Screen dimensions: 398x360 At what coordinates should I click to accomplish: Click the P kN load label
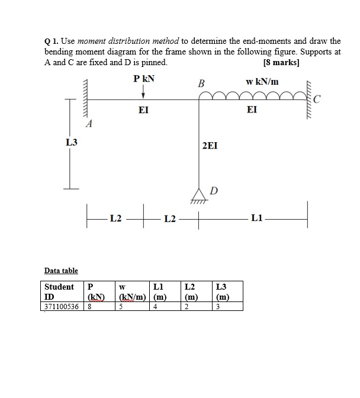pyautogui.click(x=143, y=79)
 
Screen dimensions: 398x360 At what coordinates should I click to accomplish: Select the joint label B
pyautogui.click(x=200, y=84)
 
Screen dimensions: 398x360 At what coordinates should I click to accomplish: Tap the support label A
pyautogui.click(x=89, y=124)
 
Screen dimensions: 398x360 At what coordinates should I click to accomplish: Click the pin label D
pyautogui.click(x=214, y=190)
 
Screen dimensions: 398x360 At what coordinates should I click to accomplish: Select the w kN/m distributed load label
pyautogui.click(x=262, y=81)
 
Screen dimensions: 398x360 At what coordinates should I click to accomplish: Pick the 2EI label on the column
pyautogui.click(x=210, y=145)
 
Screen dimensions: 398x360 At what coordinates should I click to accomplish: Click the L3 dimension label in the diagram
pyautogui.click(x=71, y=143)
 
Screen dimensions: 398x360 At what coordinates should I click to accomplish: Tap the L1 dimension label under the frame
pyautogui.click(x=257, y=219)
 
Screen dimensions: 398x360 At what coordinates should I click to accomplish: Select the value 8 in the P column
pyautogui.click(x=89, y=307)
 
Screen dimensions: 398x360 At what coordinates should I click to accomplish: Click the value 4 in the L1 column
pyautogui.click(x=155, y=307)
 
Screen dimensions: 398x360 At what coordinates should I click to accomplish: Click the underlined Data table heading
pyautogui.click(x=61, y=271)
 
